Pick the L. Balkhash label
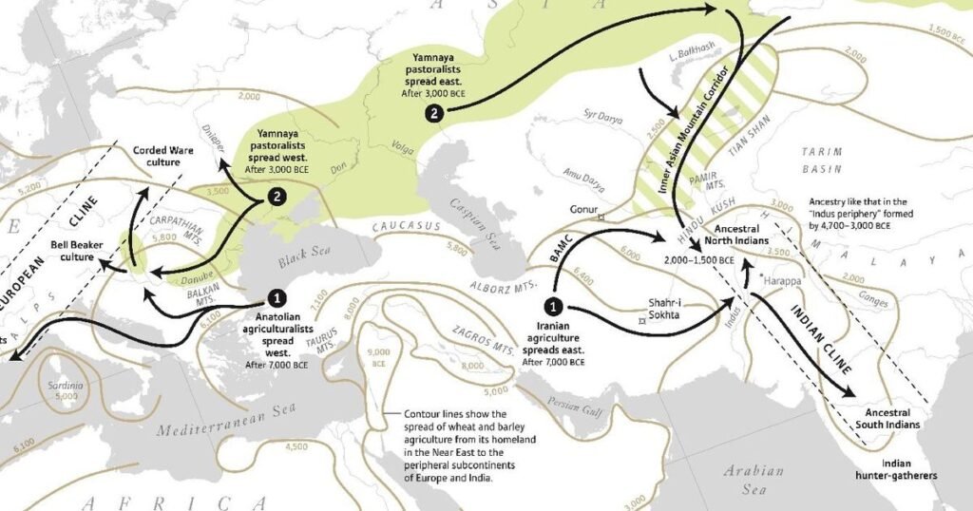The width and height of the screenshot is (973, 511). point(691,53)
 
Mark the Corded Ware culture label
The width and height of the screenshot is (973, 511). point(162,155)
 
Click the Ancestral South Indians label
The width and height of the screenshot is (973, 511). point(887,419)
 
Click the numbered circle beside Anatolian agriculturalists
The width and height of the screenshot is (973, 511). point(277,298)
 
